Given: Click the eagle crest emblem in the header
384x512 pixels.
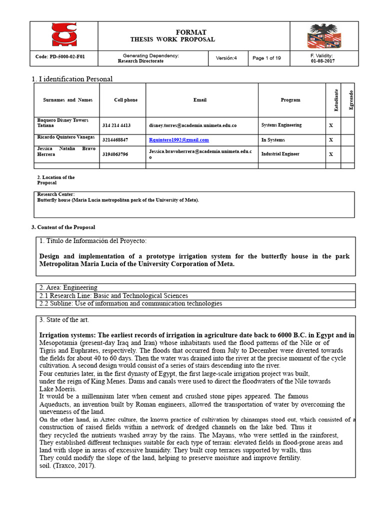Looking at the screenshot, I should pyautogui.click(x=323, y=36).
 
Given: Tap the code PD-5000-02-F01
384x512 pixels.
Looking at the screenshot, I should pyautogui.click(x=60, y=57).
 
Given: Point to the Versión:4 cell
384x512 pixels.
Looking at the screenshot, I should pyautogui.click(x=226, y=58).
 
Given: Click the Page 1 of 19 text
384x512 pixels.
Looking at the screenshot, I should pyautogui.click(x=266, y=58).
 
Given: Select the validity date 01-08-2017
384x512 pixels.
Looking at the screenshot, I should pyautogui.click(x=322, y=61).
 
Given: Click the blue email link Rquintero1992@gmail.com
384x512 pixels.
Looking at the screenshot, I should pyautogui.click(x=179, y=140).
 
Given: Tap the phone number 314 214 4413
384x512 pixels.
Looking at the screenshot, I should pyautogui.click(x=116, y=125).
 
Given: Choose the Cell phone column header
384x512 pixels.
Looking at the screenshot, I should pyautogui.click(x=125, y=100).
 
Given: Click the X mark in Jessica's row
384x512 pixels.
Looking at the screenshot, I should pyautogui.click(x=330, y=154).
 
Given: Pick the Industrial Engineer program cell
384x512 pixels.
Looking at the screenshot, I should pyautogui.click(x=280, y=154).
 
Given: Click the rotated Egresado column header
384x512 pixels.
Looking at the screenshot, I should pyautogui.click(x=351, y=100).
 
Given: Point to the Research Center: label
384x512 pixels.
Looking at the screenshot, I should pyautogui.click(x=56, y=194).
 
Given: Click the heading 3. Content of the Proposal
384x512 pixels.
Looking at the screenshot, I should pyautogui.click(x=63, y=227).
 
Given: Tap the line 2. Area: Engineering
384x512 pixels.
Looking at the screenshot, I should pyautogui.click(x=68, y=287).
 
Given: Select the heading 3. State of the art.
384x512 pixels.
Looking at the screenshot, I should pyautogui.click(x=64, y=319).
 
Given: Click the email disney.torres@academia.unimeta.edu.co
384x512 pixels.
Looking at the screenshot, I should pyautogui.click(x=192, y=125).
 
